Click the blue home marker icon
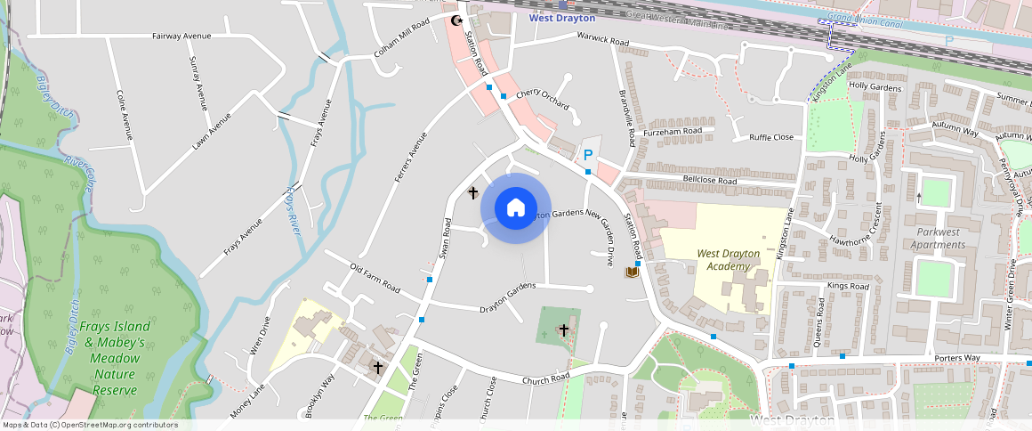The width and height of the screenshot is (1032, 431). click(515, 208)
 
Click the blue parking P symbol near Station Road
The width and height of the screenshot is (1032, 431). click(588, 155)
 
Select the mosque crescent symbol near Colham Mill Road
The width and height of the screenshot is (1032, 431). click(458, 20)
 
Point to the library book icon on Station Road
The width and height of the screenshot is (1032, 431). click(632, 272)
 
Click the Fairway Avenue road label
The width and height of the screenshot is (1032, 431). click(181, 36)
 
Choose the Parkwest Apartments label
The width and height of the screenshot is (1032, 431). click(939, 239)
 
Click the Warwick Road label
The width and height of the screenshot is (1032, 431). click(603, 40)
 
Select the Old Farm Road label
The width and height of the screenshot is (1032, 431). click(375, 279)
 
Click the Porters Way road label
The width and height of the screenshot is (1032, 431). click(957, 358)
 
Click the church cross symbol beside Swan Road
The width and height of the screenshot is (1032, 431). click(473, 192)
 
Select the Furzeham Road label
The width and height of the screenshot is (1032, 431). click(673, 130)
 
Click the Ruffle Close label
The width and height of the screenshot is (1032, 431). click(770, 137)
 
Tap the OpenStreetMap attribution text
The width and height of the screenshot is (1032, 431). click(90, 425)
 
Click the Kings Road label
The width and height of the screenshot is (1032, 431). click(847, 286)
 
